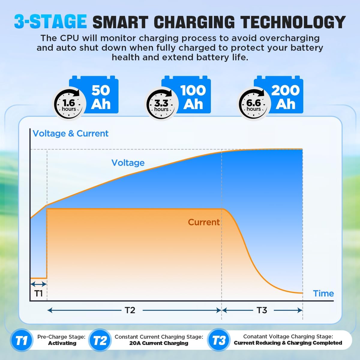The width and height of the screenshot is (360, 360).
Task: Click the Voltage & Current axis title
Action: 70,133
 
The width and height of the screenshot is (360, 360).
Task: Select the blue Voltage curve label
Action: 128,163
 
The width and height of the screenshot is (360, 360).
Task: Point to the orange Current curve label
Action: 204,222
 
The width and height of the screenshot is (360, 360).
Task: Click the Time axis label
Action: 323,293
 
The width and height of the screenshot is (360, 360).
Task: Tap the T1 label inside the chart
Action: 39,293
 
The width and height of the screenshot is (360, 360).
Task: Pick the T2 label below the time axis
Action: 130,310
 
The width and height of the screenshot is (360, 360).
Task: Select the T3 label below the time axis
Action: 262,310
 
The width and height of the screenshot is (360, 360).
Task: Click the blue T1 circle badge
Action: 21,341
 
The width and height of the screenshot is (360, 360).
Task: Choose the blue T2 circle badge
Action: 100,341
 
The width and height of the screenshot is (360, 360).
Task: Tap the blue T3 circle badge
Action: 219,340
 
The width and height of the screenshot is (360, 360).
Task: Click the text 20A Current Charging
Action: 159,343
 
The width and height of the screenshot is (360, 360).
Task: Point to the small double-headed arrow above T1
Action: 38,284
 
